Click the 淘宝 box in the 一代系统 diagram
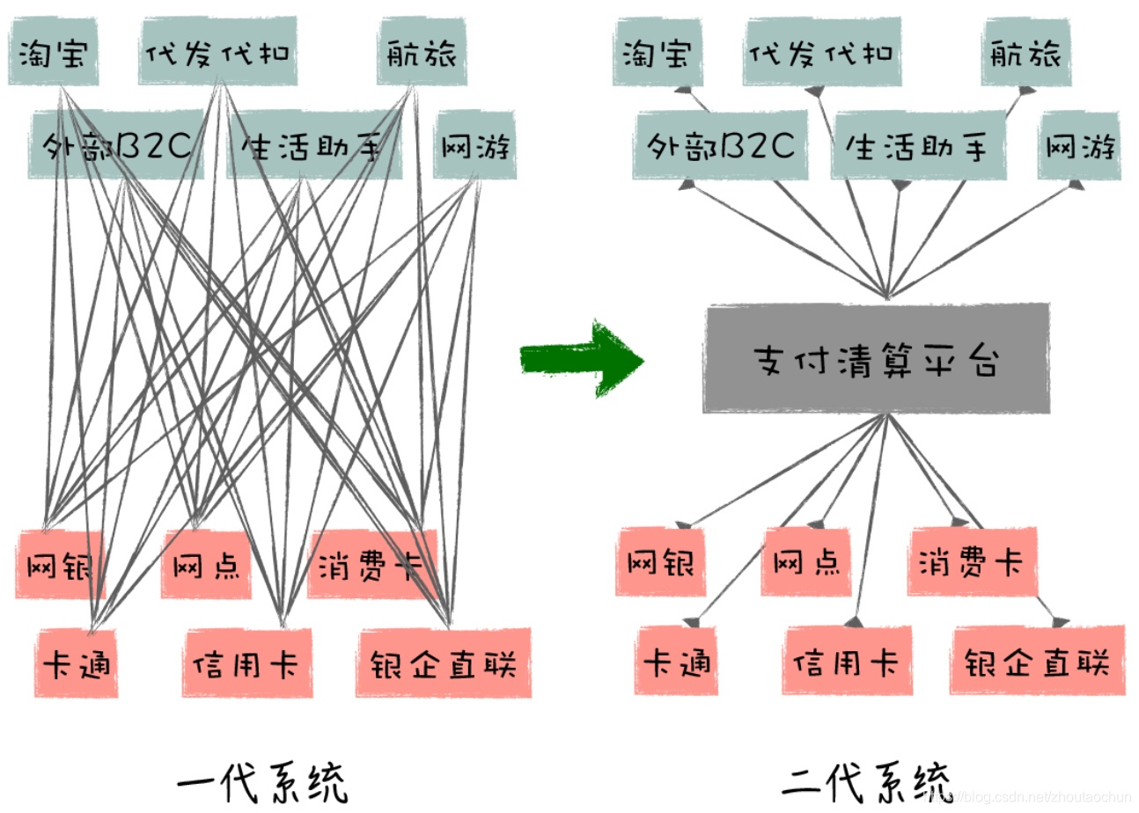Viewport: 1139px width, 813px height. [x=54, y=53]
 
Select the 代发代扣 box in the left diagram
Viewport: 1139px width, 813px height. [x=217, y=52]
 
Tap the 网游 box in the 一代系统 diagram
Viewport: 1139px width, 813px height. [x=475, y=146]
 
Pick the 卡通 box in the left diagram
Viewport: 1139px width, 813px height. [x=77, y=663]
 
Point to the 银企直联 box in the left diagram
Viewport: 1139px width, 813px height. [x=444, y=663]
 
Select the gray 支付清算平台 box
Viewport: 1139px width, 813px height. [x=876, y=358]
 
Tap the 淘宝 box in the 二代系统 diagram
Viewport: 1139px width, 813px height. [x=658, y=54]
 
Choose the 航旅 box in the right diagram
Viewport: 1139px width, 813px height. [x=1023, y=54]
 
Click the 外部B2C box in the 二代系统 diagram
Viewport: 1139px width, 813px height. [x=720, y=144]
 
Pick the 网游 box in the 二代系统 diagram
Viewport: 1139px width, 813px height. [x=1080, y=145]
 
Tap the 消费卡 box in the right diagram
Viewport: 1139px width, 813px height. [x=972, y=560]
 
